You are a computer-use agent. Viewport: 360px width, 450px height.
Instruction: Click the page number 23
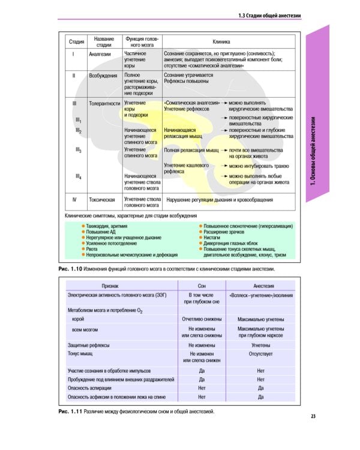pos(313,416)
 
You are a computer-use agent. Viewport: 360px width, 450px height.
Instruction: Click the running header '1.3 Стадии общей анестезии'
pos(269,16)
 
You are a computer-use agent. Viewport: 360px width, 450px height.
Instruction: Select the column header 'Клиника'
pos(223,41)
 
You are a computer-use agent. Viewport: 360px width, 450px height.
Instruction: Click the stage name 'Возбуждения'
pos(103,76)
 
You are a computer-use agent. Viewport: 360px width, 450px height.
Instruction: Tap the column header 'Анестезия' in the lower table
pos(260,286)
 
